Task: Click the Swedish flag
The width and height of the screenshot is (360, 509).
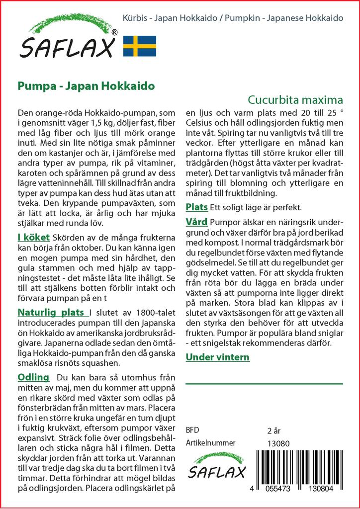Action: pos(139,46)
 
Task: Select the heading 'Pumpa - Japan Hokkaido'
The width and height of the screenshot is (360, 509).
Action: pos(86,85)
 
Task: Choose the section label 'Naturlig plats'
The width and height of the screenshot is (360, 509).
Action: pos(52,313)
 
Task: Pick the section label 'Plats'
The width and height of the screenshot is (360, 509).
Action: pos(196,207)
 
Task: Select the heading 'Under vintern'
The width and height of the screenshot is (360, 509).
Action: pos(217,357)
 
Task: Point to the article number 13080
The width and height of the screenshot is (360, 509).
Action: pos(278,443)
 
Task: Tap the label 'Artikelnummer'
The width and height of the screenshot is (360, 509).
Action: pos(210,443)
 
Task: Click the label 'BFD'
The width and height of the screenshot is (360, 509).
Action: pos(192,430)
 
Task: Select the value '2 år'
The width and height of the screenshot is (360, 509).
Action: pos(274,430)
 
